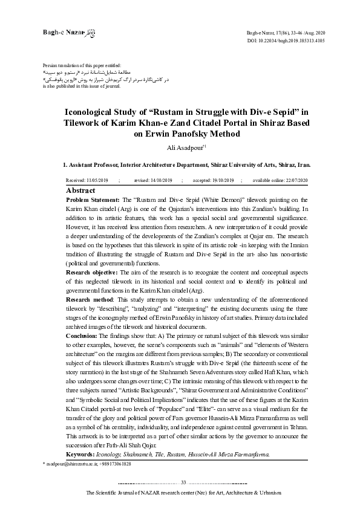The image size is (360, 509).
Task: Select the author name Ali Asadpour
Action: pyautogui.click(x=177, y=146)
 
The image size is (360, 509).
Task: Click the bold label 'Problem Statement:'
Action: pyautogui.click(x=90, y=199)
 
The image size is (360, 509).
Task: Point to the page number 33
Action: pyautogui.click(x=183, y=482)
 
